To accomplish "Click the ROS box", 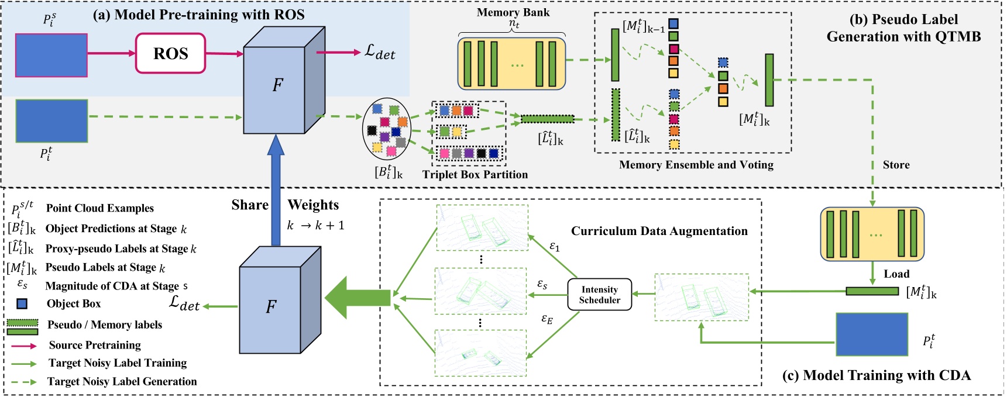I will (x=170, y=53).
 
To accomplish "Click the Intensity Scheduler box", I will (x=600, y=295).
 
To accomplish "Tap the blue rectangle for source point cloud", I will (x=51, y=56).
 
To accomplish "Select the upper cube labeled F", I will (x=277, y=85).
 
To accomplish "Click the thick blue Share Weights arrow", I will (x=275, y=193).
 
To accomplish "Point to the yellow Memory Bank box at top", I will (x=511, y=64).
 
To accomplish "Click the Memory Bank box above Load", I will (x=872, y=234).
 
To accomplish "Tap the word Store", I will (x=896, y=165).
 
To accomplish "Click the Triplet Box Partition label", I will (x=475, y=174).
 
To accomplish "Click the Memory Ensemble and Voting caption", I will (x=696, y=165).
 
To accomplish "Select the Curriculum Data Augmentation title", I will (x=659, y=231).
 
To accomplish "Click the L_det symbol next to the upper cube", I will (x=380, y=52).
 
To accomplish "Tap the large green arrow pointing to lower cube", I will (x=357, y=298).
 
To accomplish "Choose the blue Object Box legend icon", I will (x=22, y=304).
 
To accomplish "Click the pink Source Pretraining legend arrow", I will (x=24, y=346).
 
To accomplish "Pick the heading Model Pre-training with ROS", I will (x=198, y=15).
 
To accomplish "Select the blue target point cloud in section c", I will (x=871, y=334).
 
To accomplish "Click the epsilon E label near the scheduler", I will (x=547, y=319).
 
